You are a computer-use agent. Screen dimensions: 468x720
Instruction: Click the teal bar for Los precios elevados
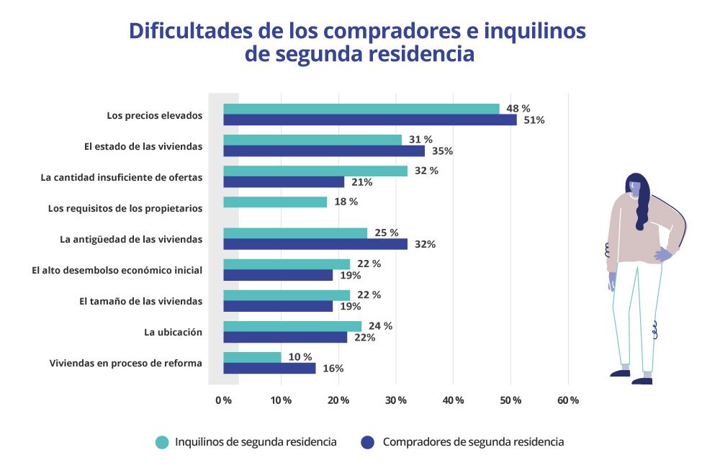(360, 109)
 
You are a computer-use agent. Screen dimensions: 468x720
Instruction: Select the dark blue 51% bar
(369, 120)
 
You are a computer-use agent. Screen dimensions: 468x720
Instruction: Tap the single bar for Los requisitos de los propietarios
(274, 202)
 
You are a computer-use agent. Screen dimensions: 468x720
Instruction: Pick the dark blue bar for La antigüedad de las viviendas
(315, 244)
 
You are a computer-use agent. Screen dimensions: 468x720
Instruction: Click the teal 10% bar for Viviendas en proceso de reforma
(252, 357)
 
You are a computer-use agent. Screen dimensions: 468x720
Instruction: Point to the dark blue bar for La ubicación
(284, 337)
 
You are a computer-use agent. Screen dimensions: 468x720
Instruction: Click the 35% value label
(442, 151)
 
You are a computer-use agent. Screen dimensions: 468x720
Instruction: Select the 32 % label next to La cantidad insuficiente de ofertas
(426, 171)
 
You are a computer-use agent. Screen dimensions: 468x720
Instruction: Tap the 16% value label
(333, 369)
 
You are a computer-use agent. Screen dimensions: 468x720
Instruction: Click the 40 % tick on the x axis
(454, 400)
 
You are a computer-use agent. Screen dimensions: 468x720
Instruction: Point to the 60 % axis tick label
(568, 400)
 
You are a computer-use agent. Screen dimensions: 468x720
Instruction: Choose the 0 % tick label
(223, 400)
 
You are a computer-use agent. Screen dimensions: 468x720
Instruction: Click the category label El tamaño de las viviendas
(140, 301)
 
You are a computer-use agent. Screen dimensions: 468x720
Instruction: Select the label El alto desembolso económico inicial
(117, 270)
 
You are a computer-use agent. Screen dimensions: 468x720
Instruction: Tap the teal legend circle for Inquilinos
(162, 442)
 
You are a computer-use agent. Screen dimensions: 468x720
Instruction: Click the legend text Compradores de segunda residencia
(473, 442)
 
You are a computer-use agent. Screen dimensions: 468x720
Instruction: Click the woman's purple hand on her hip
(663, 253)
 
